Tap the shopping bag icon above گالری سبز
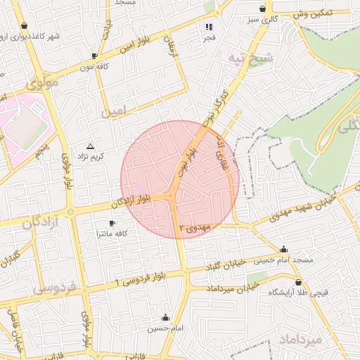[x=262, y=9]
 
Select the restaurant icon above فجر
[x=208, y=27]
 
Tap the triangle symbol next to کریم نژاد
[x=89, y=146]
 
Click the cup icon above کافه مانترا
[x=112, y=222]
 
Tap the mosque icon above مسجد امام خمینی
[x=283, y=249]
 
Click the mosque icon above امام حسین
[x=166, y=317]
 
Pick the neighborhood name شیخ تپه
[x=254, y=59]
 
